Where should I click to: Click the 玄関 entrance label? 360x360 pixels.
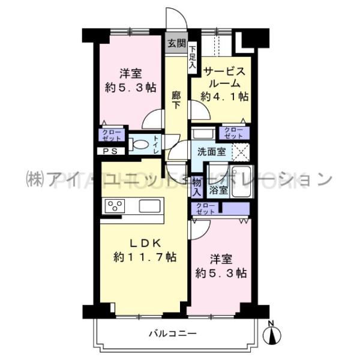tap(176, 43)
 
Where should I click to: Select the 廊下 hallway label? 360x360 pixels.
tap(176, 100)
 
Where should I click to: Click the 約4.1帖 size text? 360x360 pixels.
tap(224, 96)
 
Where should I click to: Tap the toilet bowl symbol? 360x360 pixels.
tap(139, 145)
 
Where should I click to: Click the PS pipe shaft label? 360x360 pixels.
tap(110, 151)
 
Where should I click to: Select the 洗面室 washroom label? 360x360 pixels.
tap(208, 152)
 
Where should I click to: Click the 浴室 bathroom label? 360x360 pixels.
tap(218, 191)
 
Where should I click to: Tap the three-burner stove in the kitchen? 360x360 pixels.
tap(114, 206)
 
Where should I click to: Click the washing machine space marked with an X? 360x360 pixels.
tap(241, 152)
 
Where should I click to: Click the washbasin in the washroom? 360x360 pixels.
tap(201, 133)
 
